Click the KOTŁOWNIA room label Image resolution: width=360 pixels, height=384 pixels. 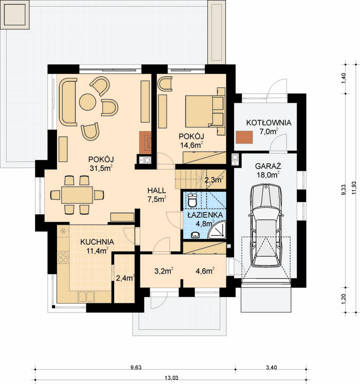tap(268, 123)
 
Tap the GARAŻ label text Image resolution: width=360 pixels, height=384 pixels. tap(268, 166)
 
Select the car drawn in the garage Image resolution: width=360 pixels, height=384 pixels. tap(266, 225)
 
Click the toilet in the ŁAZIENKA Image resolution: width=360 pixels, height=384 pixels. tap(193, 200)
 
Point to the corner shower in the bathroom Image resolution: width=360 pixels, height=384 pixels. tap(218, 230)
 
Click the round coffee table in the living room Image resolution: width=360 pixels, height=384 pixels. tap(88, 102)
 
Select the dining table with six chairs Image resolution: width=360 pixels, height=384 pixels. tap(77, 195)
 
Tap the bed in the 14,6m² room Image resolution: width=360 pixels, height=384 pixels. tap(205, 111)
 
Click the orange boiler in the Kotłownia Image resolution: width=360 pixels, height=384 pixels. tap(244, 137)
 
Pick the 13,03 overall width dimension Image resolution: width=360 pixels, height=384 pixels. tap(171, 378)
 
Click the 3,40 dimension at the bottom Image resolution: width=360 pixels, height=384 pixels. tap(272, 368)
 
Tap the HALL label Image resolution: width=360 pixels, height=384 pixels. tap(156, 190)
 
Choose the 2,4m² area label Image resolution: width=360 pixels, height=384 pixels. tap(125, 278)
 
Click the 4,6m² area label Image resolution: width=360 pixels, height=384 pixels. tap(205, 270)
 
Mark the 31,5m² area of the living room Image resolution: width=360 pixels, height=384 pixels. tap(101, 168)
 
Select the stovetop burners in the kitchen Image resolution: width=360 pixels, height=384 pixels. tap(63, 257)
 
